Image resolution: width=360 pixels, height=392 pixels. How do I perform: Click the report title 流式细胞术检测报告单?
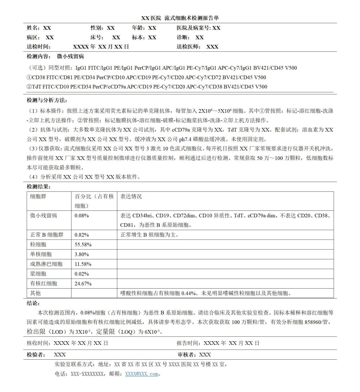[192, 18]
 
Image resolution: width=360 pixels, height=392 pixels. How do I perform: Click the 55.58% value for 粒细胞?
[83, 245]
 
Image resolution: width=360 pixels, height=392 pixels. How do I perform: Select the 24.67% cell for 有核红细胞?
[83, 283]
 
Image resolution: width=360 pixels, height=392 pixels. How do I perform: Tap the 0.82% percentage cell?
[82, 235]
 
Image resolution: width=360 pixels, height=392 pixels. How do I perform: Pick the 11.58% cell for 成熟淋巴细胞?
[83, 264]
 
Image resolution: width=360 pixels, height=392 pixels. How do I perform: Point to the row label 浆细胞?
[38, 274]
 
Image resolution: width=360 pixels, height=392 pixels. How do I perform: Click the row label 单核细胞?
[41, 254]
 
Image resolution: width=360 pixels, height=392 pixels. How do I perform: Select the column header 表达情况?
[131, 197]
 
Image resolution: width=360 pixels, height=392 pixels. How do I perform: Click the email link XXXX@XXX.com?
[141, 374]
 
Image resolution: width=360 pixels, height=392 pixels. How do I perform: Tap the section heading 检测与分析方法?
[47, 100]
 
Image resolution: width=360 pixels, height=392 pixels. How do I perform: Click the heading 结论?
[33, 303]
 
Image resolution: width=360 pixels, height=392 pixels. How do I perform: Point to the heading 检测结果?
[39, 187]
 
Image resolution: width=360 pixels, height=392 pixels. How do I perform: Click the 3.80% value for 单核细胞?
[82, 254]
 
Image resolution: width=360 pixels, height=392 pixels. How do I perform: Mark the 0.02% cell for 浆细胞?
[82, 274]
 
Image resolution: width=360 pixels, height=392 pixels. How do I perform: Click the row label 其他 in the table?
[35, 293]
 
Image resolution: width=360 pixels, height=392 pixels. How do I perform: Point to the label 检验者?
[36, 355]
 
